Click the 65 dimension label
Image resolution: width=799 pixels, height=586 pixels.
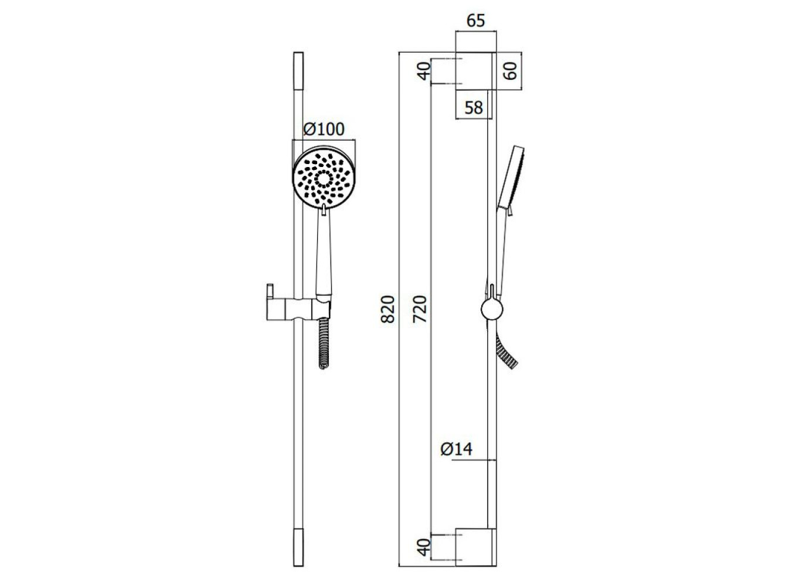(476, 21)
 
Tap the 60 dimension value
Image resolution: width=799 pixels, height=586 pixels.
(511, 71)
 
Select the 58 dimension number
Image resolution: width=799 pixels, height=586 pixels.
(474, 107)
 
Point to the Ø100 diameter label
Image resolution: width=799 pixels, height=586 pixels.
(324, 129)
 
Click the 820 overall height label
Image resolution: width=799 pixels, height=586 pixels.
(387, 309)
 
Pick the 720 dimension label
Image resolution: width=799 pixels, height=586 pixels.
(420, 309)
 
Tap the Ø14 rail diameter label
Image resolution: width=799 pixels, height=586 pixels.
(456, 449)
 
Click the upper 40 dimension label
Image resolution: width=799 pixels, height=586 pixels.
(424, 71)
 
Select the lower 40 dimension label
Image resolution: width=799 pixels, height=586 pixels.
(424, 557)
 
